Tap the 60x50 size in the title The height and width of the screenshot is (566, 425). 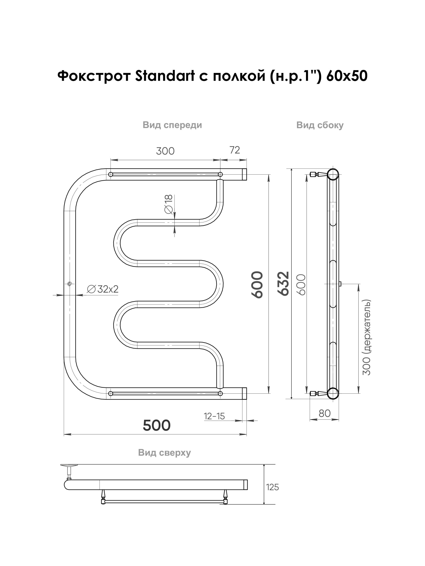[x=347, y=76]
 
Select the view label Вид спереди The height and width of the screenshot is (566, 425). [x=172, y=125]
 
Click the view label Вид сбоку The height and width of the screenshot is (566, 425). [x=320, y=125]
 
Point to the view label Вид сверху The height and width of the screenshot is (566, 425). [x=164, y=453]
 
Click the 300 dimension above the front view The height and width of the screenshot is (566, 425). [x=165, y=151]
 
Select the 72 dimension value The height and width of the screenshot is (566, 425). [x=235, y=150]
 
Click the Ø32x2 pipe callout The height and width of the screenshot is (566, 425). [x=103, y=289]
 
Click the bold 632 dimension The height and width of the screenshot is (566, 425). [x=283, y=284]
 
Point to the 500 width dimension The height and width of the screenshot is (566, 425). [x=157, y=425]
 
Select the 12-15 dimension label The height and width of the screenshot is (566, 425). [x=214, y=416]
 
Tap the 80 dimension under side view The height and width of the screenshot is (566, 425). [x=324, y=413]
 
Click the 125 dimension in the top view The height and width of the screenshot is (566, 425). [x=273, y=487]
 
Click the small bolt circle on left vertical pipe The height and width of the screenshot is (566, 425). [x=70, y=284]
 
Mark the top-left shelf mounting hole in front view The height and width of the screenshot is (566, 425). [x=111, y=174]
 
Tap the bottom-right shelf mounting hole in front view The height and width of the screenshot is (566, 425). [x=220, y=393]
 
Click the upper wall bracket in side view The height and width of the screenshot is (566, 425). [x=318, y=174]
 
